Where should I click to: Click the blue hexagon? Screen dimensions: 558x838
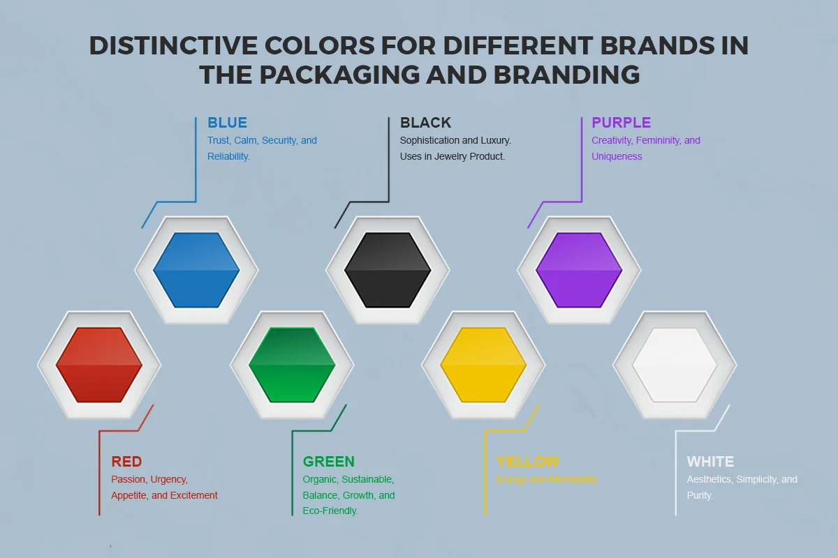point(196,270)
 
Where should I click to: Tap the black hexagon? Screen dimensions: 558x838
point(388,270)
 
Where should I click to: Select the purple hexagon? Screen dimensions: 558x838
point(579,270)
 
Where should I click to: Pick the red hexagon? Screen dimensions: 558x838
point(99,365)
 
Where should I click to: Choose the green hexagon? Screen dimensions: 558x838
point(292,365)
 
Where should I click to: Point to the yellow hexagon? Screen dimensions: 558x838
point(483,365)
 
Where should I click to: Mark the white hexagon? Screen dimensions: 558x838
point(675,365)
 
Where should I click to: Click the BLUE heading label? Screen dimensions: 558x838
point(227,123)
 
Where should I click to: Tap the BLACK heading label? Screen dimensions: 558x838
point(425,123)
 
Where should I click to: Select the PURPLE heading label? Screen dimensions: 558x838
point(621,123)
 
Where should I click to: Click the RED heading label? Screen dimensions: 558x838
point(126,462)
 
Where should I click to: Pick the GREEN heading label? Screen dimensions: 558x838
point(328,462)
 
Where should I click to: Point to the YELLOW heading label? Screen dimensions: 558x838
point(527,462)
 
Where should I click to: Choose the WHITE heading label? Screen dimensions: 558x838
point(710,462)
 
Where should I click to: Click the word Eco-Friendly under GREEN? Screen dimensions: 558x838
point(330,511)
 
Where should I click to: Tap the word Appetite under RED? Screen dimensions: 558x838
point(129,495)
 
